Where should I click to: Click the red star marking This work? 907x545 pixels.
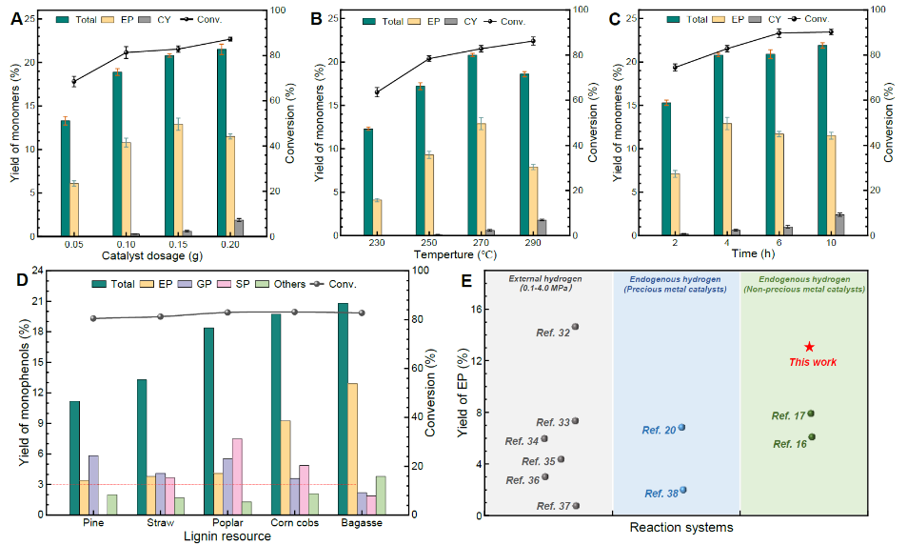(809, 348)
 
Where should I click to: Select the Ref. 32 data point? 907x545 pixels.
(575, 327)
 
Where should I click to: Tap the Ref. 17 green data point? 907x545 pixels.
(811, 414)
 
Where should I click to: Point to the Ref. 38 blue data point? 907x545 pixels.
(683, 490)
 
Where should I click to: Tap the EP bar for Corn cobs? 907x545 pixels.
(286, 467)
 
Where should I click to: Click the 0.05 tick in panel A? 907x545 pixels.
(71, 245)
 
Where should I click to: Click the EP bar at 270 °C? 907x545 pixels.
(481, 179)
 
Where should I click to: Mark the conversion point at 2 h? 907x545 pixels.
(675, 68)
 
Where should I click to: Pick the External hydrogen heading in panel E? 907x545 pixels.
(546, 278)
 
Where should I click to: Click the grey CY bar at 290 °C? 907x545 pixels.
(542, 228)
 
